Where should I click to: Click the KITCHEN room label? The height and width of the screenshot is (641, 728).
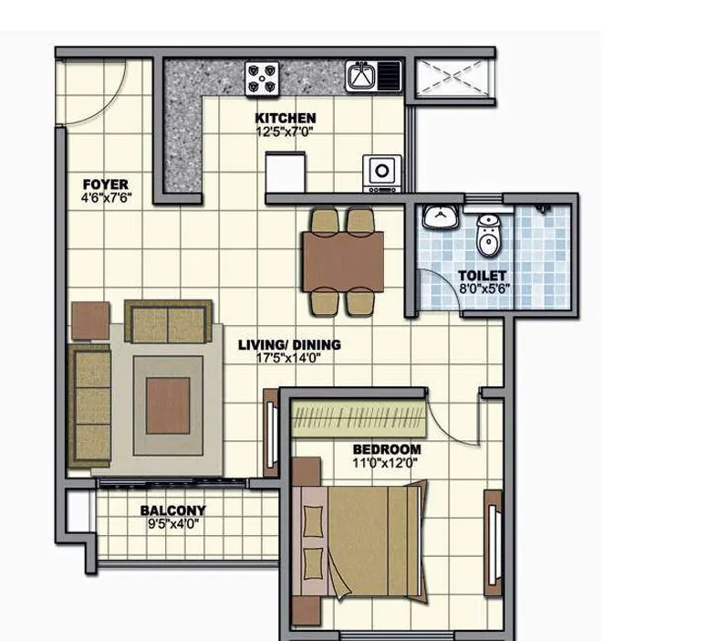[286, 118]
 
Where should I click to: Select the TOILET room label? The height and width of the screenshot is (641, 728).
[482, 275]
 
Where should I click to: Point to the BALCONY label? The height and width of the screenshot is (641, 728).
[172, 510]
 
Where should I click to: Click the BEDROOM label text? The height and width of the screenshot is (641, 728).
[387, 449]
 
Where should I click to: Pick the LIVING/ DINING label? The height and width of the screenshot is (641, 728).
[289, 344]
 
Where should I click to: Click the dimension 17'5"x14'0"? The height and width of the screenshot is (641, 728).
[289, 358]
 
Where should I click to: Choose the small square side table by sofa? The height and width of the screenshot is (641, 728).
[91, 320]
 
